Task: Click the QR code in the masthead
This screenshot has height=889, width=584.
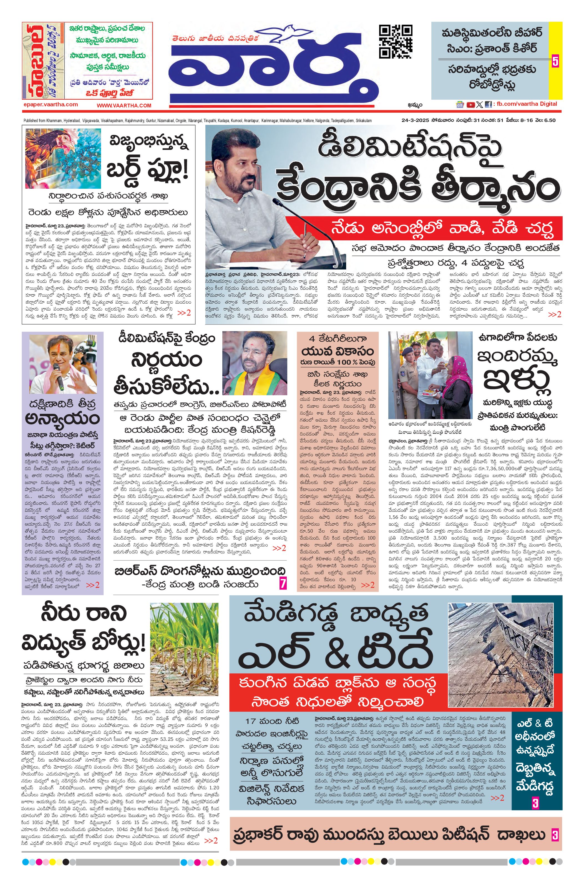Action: pyautogui.click(x=396, y=41)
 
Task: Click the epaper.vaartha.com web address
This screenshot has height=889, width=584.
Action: pyautogui.click(x=50, y=105)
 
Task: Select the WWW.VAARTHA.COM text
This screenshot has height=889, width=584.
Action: pyautogui.click(x=124, y=106)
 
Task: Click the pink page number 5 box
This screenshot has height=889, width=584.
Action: pyautogui.click(x=555, y=61)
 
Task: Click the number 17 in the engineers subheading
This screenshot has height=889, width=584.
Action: pyautogui.click(x=250, y=722)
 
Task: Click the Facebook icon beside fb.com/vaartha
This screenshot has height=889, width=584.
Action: pyautogui.click(x=488, y=105)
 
